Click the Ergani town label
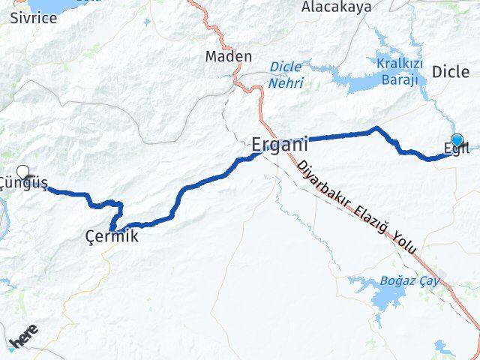click(279, 144)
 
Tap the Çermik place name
click(112, 238)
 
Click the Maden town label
click(223, 56)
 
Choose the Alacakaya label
click(336, 7)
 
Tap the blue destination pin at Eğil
click(457, 139)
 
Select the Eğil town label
click(456, 148)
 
